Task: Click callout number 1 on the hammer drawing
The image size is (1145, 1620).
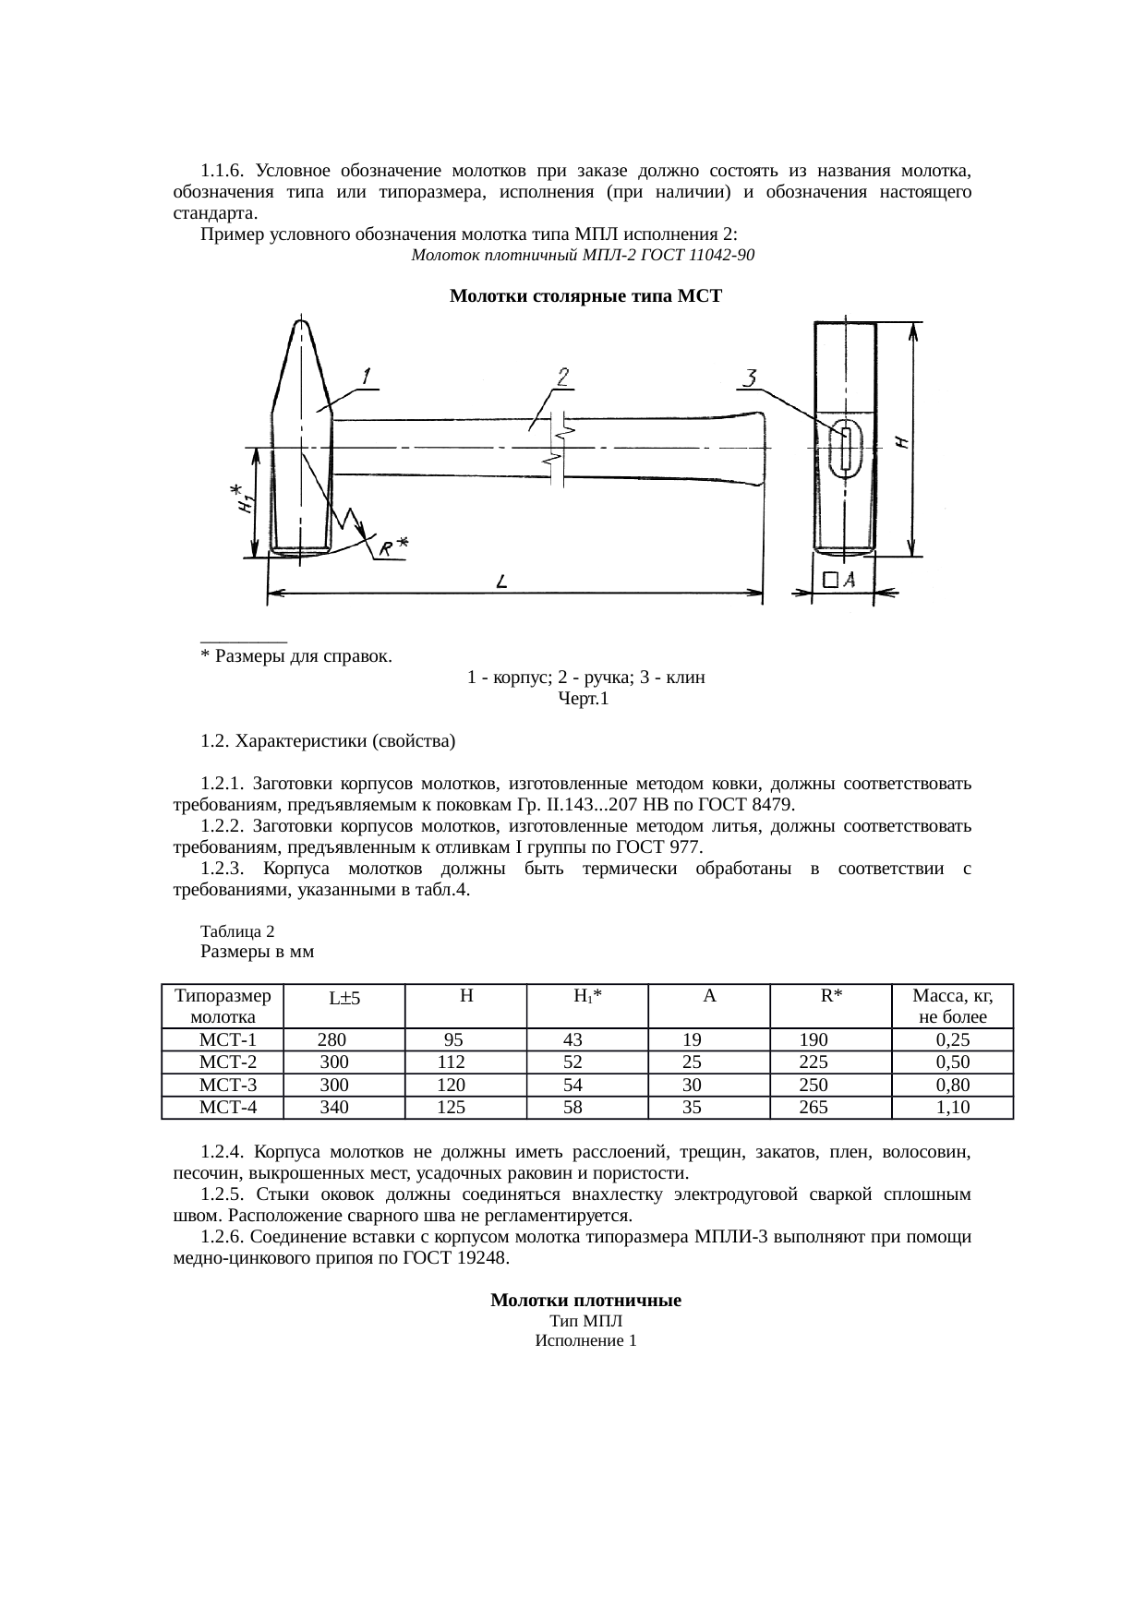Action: click(x=367, y=377)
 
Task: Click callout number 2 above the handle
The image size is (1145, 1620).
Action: click(x=561, y=377)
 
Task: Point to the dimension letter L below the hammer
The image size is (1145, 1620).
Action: click(x=500, y=582)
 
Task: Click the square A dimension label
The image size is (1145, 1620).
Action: click(x=839, y=580)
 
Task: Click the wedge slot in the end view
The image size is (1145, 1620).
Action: click(x=844, y=448)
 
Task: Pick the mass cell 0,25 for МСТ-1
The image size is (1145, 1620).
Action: click(x=952, y=1039)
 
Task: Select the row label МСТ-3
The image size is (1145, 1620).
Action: click(x=223, y=1085)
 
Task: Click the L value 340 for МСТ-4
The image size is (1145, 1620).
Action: click(x=333, y=1108)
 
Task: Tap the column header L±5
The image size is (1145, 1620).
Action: click(x=343, y=998)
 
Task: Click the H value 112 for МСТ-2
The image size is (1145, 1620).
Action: click(x=451, y=1062)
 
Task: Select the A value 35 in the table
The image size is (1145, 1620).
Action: click(x=691, y=1108)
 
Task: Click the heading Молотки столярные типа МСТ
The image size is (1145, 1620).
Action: click(x=585, y=296)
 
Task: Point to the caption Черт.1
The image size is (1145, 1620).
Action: click(x=584, y=699)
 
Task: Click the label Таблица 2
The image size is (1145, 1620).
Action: click(x=236, y=931)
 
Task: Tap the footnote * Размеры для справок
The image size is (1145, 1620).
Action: click(x=295, y=656)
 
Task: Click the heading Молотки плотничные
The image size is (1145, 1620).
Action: click(x=585, y=1301)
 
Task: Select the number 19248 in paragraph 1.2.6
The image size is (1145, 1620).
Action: click(x=479, y=1258)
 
